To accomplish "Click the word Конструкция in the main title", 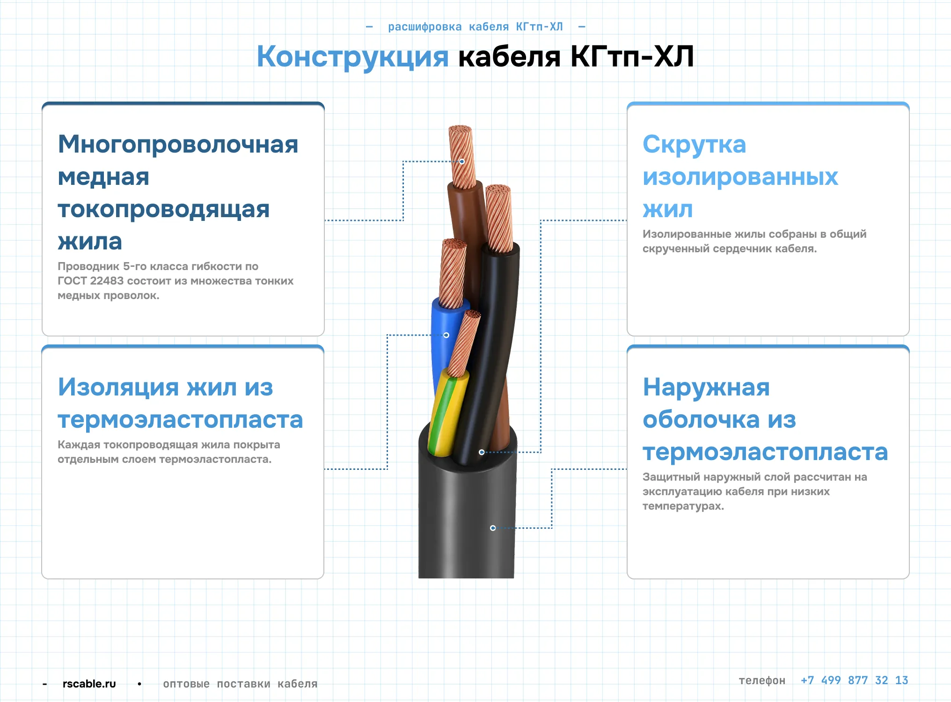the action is coord(352,57).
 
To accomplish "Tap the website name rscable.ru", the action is coord(89,684).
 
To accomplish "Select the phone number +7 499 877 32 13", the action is coord(854,680).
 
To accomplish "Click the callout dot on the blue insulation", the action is coord(446,335).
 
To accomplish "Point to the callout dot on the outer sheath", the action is coord(493,528).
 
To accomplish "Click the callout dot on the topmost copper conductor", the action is coord(462,161).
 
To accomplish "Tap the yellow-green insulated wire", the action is coord(447,412).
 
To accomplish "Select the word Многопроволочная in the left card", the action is coord(178,144).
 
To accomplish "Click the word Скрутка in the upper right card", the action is coord(694,144).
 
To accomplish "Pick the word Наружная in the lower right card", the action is coord(706,388).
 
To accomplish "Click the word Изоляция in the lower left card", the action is coord(118,388).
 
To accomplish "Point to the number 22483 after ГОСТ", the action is coord(107,281).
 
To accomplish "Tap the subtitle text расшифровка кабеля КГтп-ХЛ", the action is coord(475,27).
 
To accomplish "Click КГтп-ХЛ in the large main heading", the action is coord(632,57).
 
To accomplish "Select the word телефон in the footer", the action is coord(762,680).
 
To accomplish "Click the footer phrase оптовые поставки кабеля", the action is coord(240,684).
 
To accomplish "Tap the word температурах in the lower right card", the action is coord(683,506).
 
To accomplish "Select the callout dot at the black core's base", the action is coord(482,452).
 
